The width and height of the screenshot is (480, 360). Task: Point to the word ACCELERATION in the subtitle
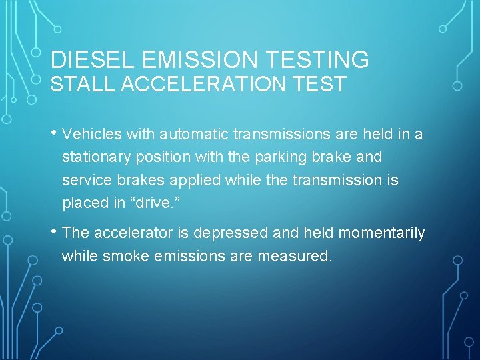tap(193, 85)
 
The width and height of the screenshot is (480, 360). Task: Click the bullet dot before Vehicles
tap(54, 134)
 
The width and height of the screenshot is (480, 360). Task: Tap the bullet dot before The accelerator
tap(54, 232)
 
